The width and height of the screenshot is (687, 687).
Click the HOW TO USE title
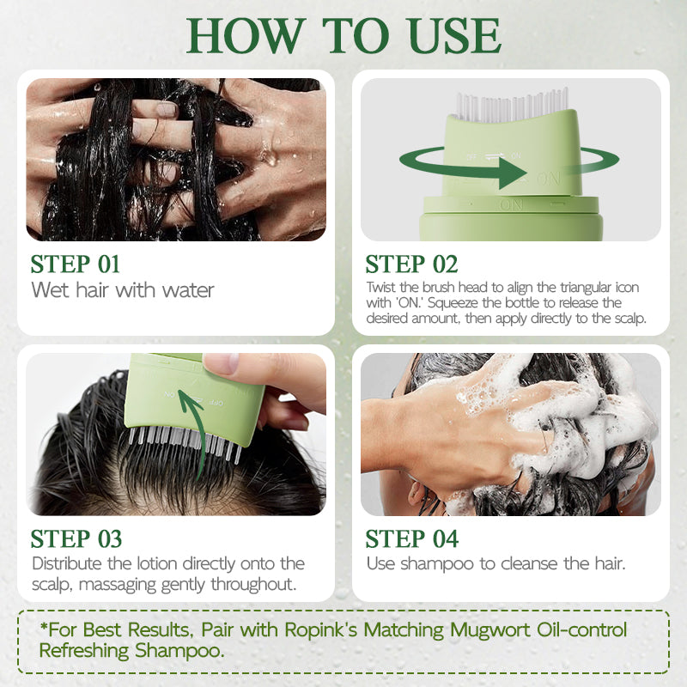click(343, 36)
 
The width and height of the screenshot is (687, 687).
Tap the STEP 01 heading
click(76, 264)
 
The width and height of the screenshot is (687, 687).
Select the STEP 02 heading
click(411, 264)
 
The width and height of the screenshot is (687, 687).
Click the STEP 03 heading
click(76, 539)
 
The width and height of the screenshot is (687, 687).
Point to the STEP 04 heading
click(411, 539)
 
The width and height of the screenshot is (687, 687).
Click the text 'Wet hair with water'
click(123, 290)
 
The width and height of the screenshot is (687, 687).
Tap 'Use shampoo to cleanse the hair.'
click(496, 564)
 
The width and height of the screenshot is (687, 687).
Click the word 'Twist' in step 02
click(381, 288)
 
